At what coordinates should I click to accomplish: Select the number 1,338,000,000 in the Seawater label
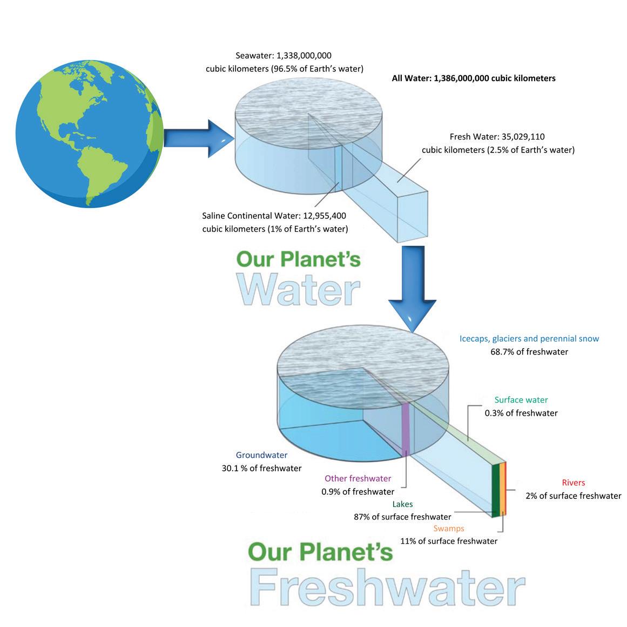coord(304,55)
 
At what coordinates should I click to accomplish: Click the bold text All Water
coord(411,78)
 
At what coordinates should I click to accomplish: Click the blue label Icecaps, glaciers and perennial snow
coord(529,338)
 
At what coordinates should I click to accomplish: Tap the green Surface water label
coord(521,400)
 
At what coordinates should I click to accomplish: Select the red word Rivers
coord(573,483)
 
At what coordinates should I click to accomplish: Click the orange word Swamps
coord(448,528)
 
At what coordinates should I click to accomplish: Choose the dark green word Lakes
coord(402,504)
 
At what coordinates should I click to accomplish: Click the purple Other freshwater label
coord(358,478)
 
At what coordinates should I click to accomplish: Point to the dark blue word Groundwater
coord(261,455)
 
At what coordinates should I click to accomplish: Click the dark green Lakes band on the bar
coord(495,489)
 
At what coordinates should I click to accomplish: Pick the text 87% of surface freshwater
coord(402,516)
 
